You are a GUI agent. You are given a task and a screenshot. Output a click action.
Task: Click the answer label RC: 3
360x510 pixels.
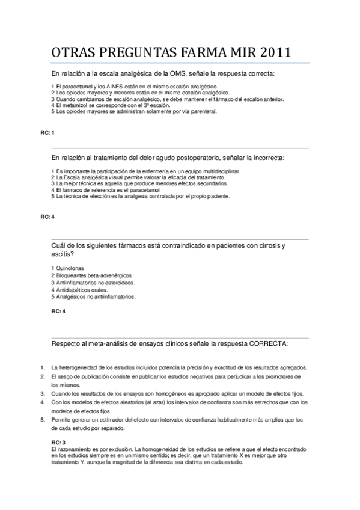[58, 443]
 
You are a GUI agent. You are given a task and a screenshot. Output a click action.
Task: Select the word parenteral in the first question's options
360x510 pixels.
[203, 111]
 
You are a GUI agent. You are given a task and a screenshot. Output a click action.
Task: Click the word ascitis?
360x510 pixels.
[63, 254]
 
